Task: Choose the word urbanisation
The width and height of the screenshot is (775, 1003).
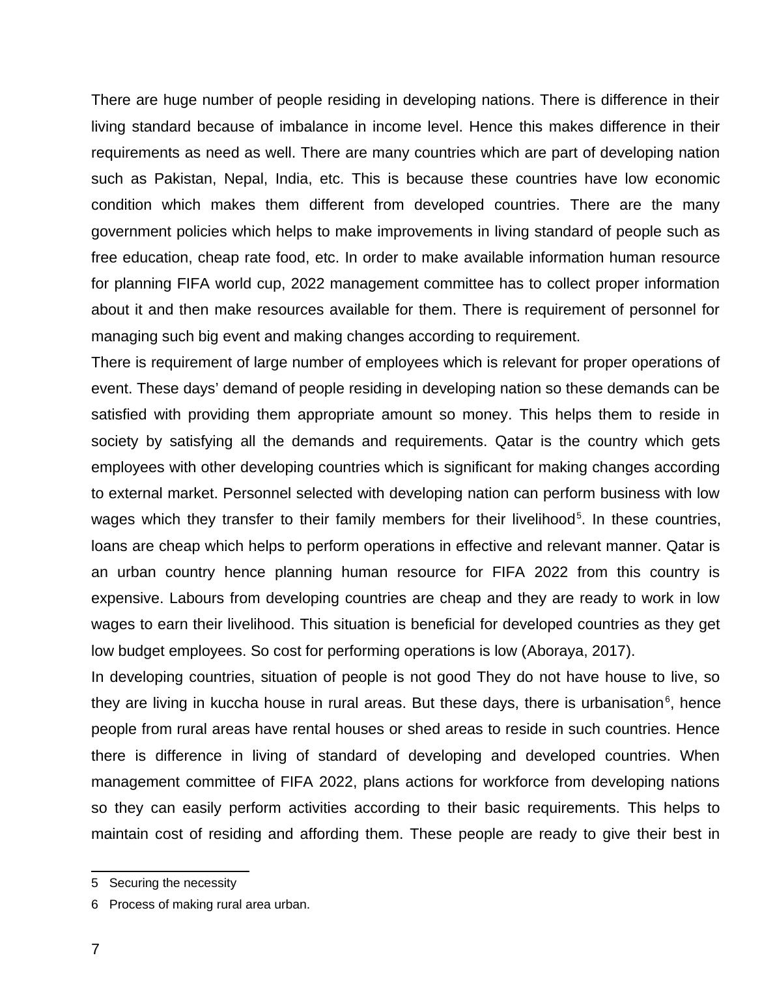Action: tap(621, 703)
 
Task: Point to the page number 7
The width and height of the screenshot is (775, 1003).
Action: tap(96, 950)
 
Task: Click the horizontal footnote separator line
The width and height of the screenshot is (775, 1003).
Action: tap(170, 871)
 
